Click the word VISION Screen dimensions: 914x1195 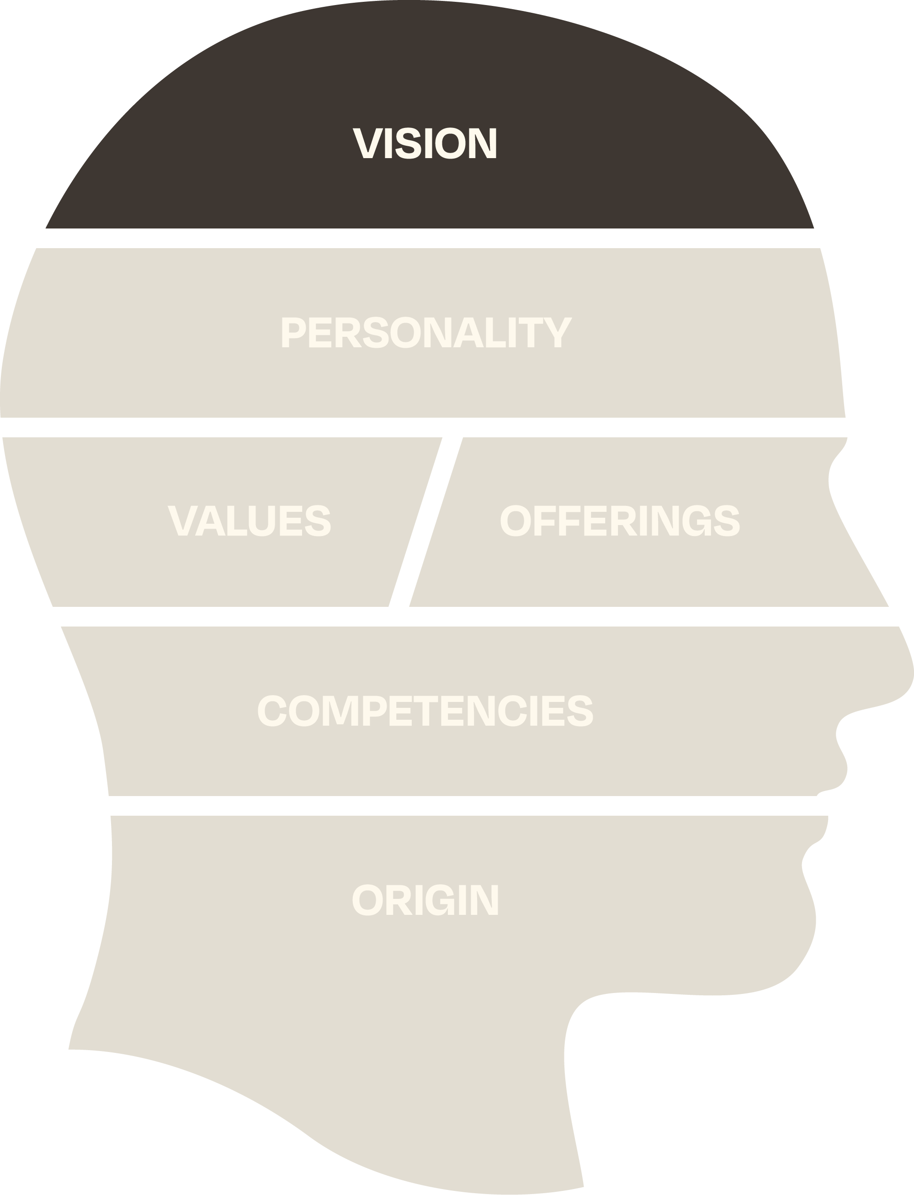(x=425, y=143)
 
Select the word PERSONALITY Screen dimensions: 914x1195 (x=426, y=332)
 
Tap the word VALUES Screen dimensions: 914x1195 (x=250, y=520)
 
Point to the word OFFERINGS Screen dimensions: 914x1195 (x=620, y=520)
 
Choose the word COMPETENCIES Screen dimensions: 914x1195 (x=425, y=710)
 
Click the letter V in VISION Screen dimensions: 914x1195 (x=368, y=143)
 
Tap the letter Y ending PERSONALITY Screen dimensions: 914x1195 (x=558, y=332)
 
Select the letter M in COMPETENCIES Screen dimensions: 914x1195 (x=340, y=710)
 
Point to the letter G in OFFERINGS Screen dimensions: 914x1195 (x=696, y=520)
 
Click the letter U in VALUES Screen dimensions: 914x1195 (x=262, y=520)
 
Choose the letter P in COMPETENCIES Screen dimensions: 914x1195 (x=374, y=710)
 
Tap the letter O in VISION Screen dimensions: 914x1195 (x=450, y=143)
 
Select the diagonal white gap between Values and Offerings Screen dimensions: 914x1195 (x=425, y=522)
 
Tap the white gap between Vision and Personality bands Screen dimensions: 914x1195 (x=430, y=238)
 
